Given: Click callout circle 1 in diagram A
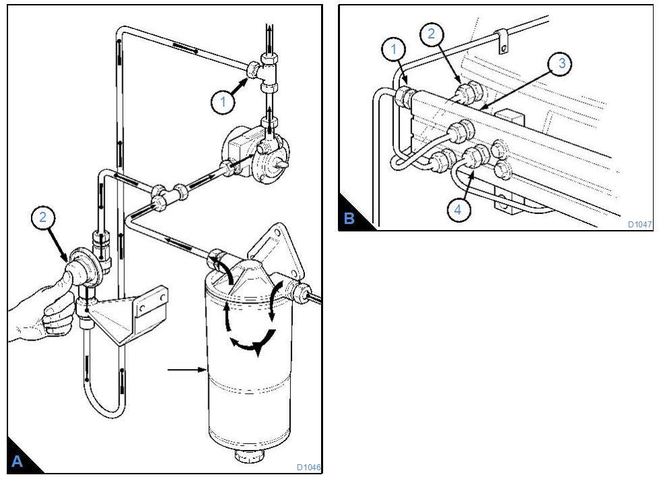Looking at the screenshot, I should [x=222, y=103].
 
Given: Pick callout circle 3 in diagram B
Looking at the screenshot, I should [x=561, y=65].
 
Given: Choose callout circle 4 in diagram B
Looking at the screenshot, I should [x=458, y=209].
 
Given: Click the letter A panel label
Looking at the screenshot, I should [x=18, y=461].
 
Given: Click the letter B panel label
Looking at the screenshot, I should [x=349, y=219].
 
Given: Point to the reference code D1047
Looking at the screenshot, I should [x=639, y=224].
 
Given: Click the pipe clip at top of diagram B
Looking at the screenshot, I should [x=500, y=40].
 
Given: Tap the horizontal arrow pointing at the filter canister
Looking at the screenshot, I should [x=185, y=369].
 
